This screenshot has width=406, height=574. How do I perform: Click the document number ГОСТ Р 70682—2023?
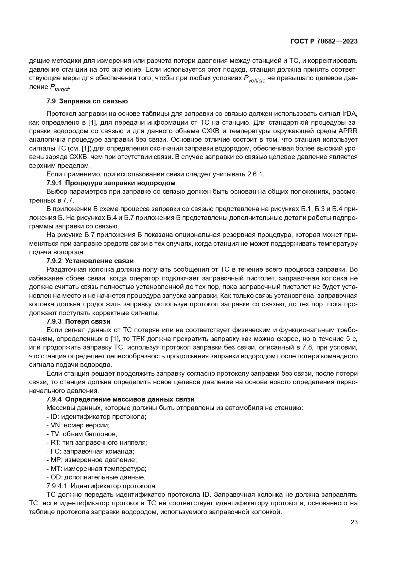coord(324,42)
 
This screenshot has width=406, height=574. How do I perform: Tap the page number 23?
coord(354,522)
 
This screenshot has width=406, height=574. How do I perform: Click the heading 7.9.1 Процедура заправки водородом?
coord(111,183)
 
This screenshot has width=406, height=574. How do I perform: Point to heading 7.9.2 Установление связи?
coord(90,261)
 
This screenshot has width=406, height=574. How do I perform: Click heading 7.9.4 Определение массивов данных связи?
coord(120,399)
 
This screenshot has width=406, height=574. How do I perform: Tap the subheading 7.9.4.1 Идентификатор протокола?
coord(101,486)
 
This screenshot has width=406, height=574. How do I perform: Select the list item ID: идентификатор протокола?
coord(97,417)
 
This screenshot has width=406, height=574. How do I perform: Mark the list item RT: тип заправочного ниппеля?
coord(97,442)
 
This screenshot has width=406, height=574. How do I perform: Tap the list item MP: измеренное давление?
coord(91,460)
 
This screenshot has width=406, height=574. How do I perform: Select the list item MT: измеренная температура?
coord(97,469)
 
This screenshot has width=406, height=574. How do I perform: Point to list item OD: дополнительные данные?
coord(96,477)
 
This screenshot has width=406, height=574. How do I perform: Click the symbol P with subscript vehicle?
coord(255,79)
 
